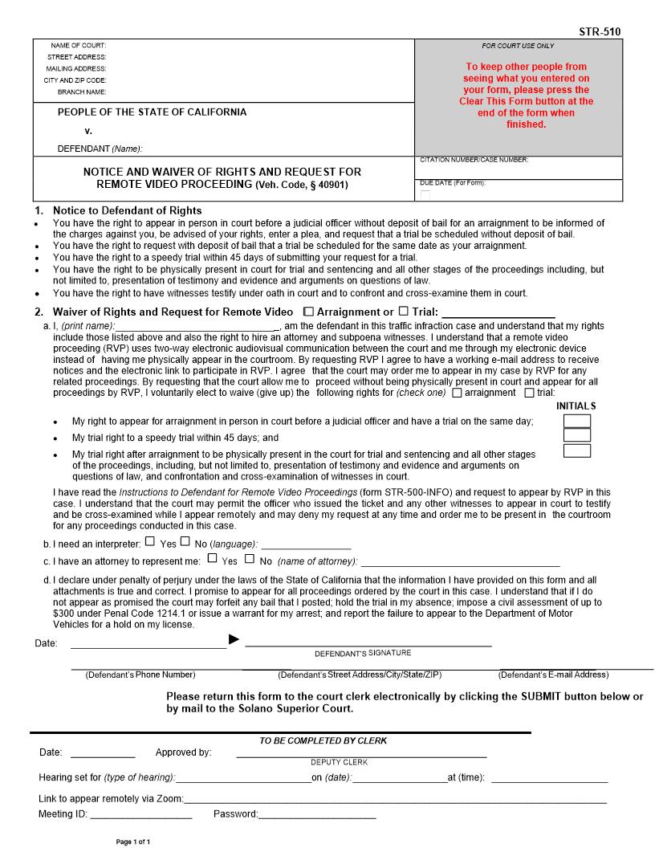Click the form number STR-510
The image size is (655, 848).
coord(599,32)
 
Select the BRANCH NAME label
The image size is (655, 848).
coord(82,92)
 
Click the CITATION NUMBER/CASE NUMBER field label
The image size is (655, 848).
coord(473,160)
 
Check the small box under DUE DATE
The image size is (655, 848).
coord(425,195)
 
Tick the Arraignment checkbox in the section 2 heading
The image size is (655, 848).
coord(309,311)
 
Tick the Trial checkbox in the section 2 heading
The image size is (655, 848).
coord(404,311)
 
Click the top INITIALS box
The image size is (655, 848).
coord(576,421)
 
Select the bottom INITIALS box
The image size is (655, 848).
coord(576,450)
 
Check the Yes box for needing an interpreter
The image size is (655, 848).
coord(150,542)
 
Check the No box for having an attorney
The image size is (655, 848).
coord(250,559)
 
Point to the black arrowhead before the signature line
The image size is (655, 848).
coord(234,639)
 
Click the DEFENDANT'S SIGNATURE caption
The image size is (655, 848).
coord(362,653)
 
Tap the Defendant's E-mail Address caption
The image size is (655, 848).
coord(553,675)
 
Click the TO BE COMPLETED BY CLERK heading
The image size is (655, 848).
coord(323,740)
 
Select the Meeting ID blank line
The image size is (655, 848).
coord(141,816)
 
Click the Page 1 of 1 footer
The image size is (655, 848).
coord(133,842)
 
